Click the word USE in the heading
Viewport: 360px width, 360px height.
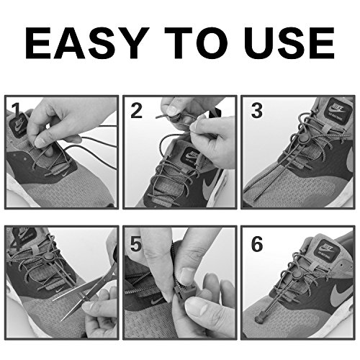[289, 43]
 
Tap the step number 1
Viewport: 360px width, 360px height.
[16, 110]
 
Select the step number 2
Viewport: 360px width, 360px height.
[136, 111]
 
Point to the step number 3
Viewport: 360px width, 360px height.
[257, 111]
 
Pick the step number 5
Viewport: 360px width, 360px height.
[136, 244]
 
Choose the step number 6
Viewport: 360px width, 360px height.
[257, 244]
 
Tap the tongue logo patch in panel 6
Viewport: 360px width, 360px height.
[326, 251]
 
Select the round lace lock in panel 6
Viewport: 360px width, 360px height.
[297, 275]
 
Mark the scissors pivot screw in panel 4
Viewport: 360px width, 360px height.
[84, 295]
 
